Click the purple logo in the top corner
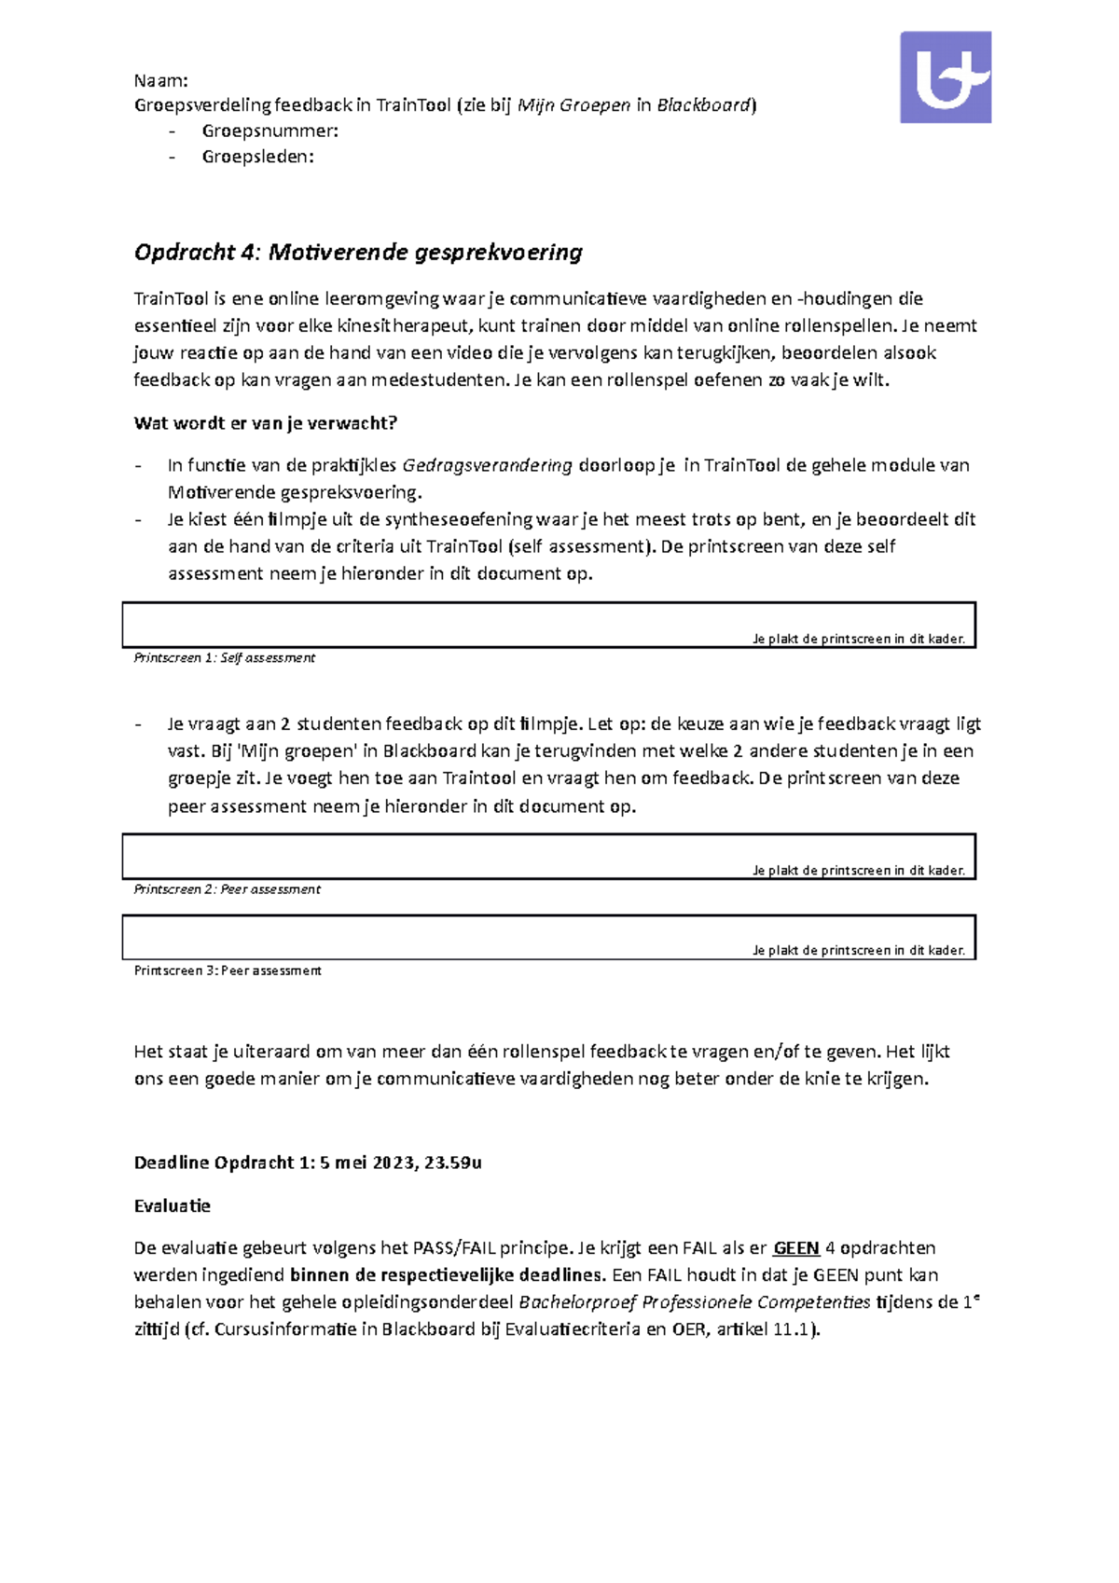(945, 77)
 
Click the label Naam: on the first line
(160, 80)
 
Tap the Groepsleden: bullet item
(257, 157)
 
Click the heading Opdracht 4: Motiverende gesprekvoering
(358, 252)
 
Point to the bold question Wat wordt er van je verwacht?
(265, 423)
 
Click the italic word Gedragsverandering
(487, 465)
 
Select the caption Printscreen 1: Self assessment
(224, 658)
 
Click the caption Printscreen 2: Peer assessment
(227, 889)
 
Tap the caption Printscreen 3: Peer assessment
(228, 970)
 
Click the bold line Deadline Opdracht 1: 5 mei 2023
(308, 1163)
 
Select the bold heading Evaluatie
(172, 1205)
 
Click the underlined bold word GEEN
(796, 1248)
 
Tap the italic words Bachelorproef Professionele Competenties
(694, 1302)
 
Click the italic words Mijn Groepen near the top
(573, 105)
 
